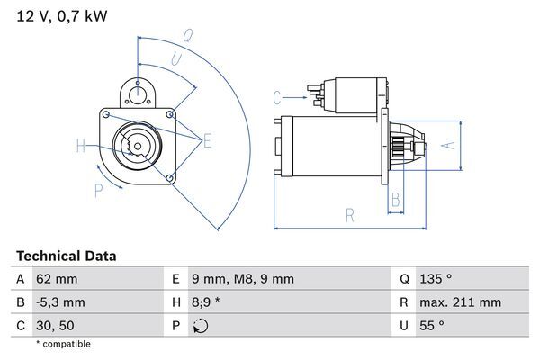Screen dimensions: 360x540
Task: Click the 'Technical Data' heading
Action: click(66, 256)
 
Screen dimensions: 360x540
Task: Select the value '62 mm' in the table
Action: click(56, 279)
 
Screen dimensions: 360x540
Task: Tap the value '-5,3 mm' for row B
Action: click(59, 302)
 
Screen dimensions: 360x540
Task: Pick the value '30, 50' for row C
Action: click(56, 326)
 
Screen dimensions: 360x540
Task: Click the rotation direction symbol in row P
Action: click(200, 326)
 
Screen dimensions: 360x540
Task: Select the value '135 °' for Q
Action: click(436, 279)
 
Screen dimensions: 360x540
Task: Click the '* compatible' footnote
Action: click(63, 344)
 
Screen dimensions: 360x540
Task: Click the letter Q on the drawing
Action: click(187, 37)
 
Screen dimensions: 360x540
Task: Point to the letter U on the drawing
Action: click(176, 59)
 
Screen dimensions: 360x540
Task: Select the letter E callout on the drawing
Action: click(207, 139)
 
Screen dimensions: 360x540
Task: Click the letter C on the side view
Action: click(277, 96)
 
